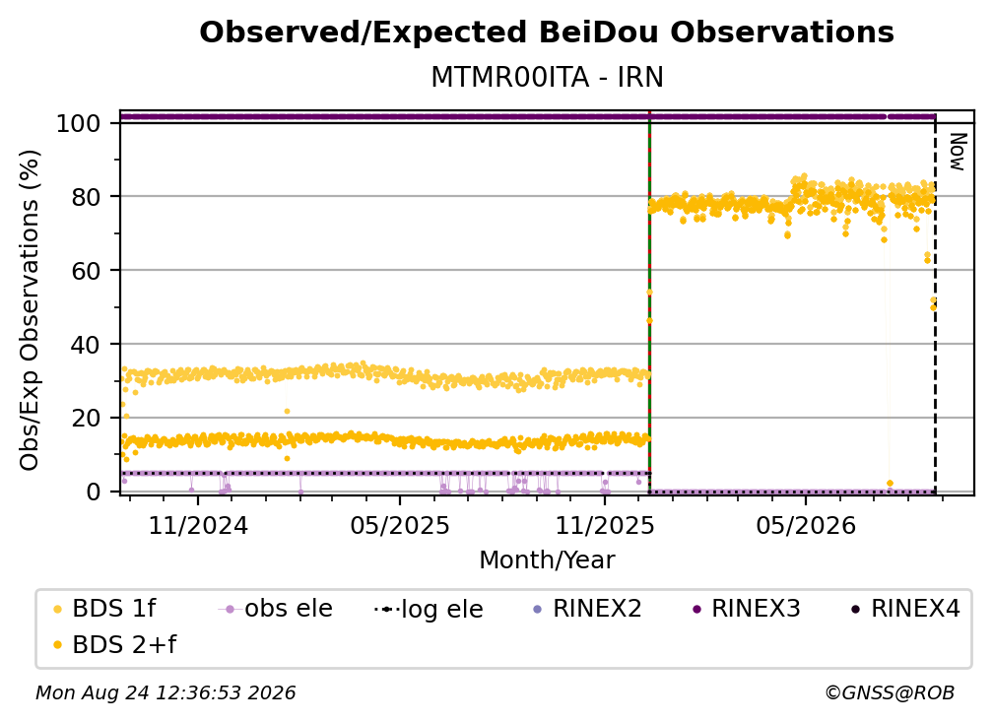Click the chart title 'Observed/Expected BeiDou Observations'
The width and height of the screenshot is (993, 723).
547,33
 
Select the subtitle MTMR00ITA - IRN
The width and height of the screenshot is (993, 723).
547,77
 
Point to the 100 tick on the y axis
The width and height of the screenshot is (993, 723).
79,123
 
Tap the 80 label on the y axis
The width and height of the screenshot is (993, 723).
86,197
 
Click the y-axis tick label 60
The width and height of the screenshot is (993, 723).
86,271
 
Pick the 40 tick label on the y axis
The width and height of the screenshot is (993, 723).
86,345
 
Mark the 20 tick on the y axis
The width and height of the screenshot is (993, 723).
86,419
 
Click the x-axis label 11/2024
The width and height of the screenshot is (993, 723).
198,525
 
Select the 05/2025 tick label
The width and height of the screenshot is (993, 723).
400,525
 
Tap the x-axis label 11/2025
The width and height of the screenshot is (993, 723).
605,525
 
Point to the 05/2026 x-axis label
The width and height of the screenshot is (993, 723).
806,525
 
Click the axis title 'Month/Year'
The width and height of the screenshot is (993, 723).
547,559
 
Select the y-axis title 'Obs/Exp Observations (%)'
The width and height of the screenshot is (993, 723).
30,309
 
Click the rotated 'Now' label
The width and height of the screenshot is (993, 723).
958,152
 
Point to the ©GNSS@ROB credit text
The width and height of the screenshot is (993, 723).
890,692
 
